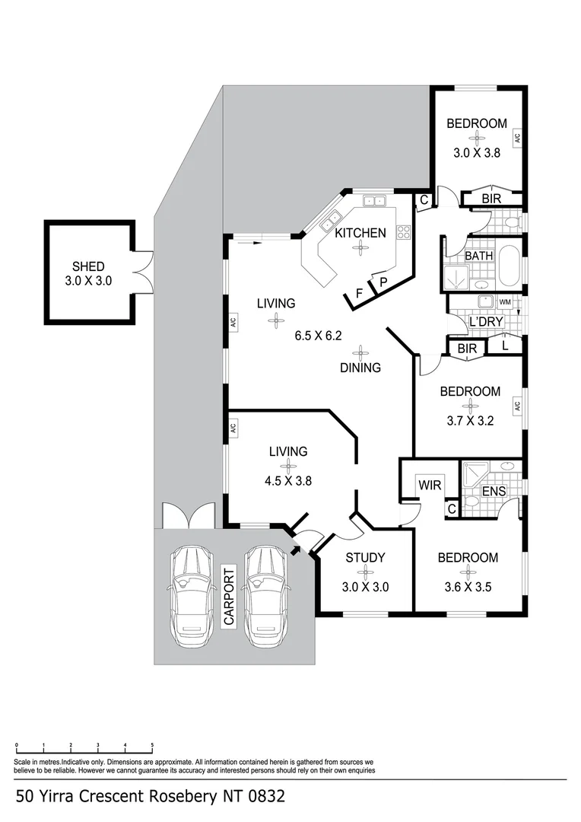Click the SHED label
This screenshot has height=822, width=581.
pyautogui.click(x=88, y=266)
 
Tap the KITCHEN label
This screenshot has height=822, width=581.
pyautogui.click(x=360, y=233)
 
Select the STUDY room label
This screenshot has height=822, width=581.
pyautogui.click(x=366, y=558)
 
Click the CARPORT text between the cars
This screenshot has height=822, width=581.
pyautogui.click(x=227, y=596)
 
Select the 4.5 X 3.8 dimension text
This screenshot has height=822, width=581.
pyautogui.click(x=288, y=480)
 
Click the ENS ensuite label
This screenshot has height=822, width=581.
pyautogui.click(x=494, y=492)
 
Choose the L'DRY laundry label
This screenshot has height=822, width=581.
pyautogui.click(x=487, y=322)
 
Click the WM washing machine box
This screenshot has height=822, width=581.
pyautogui.click(x=504, y=302)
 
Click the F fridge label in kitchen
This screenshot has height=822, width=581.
pyautogui.click(x=359, y=292)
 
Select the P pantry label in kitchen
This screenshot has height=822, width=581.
pyautogui.click(x=383, y=282)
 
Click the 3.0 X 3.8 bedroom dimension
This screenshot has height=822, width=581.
pyautogui.click(x=476, y=152)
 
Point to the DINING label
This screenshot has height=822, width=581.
pyautogui.click(x=360, y=368)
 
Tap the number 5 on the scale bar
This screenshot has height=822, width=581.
pyautogui.click(x=152, y=746)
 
